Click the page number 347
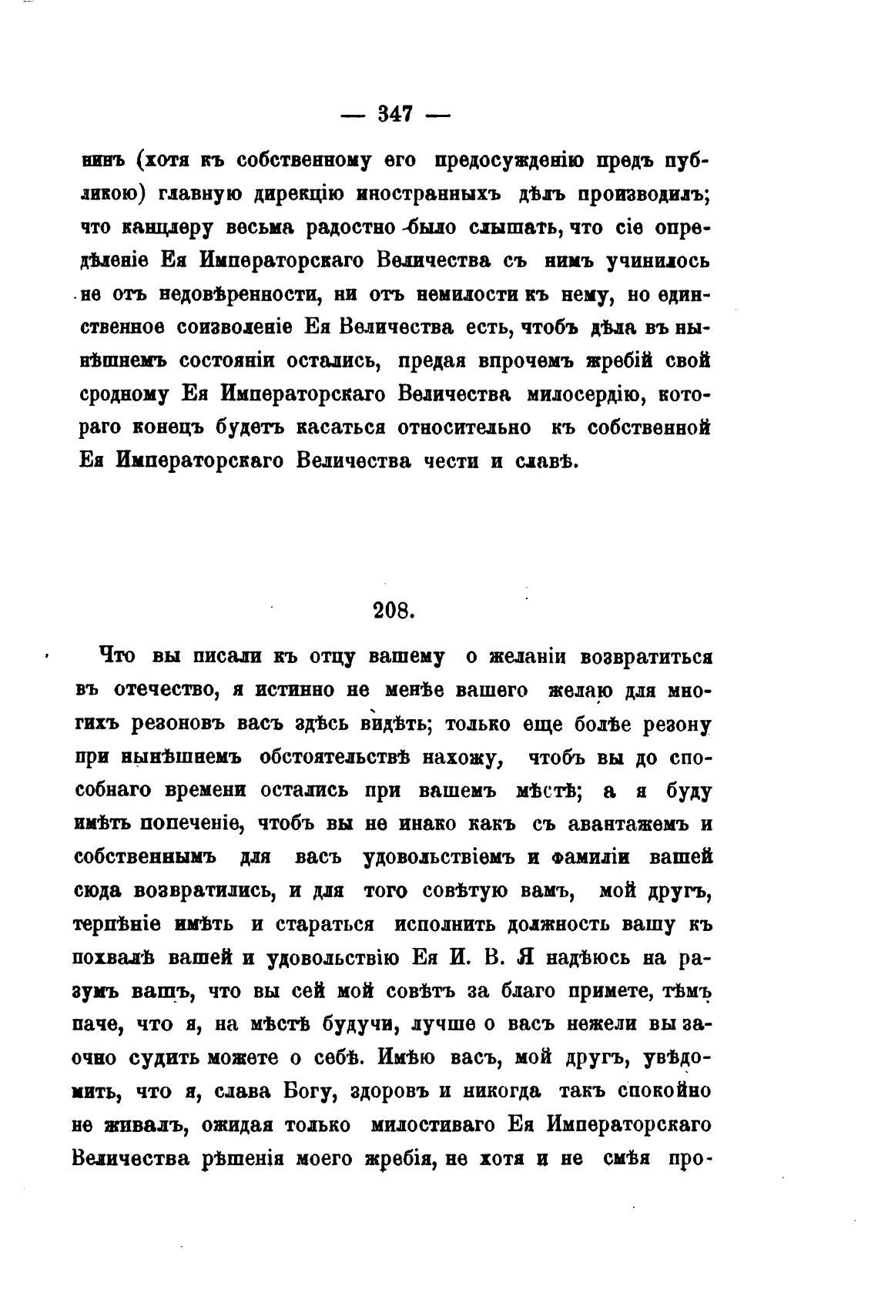coord(395,115)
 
